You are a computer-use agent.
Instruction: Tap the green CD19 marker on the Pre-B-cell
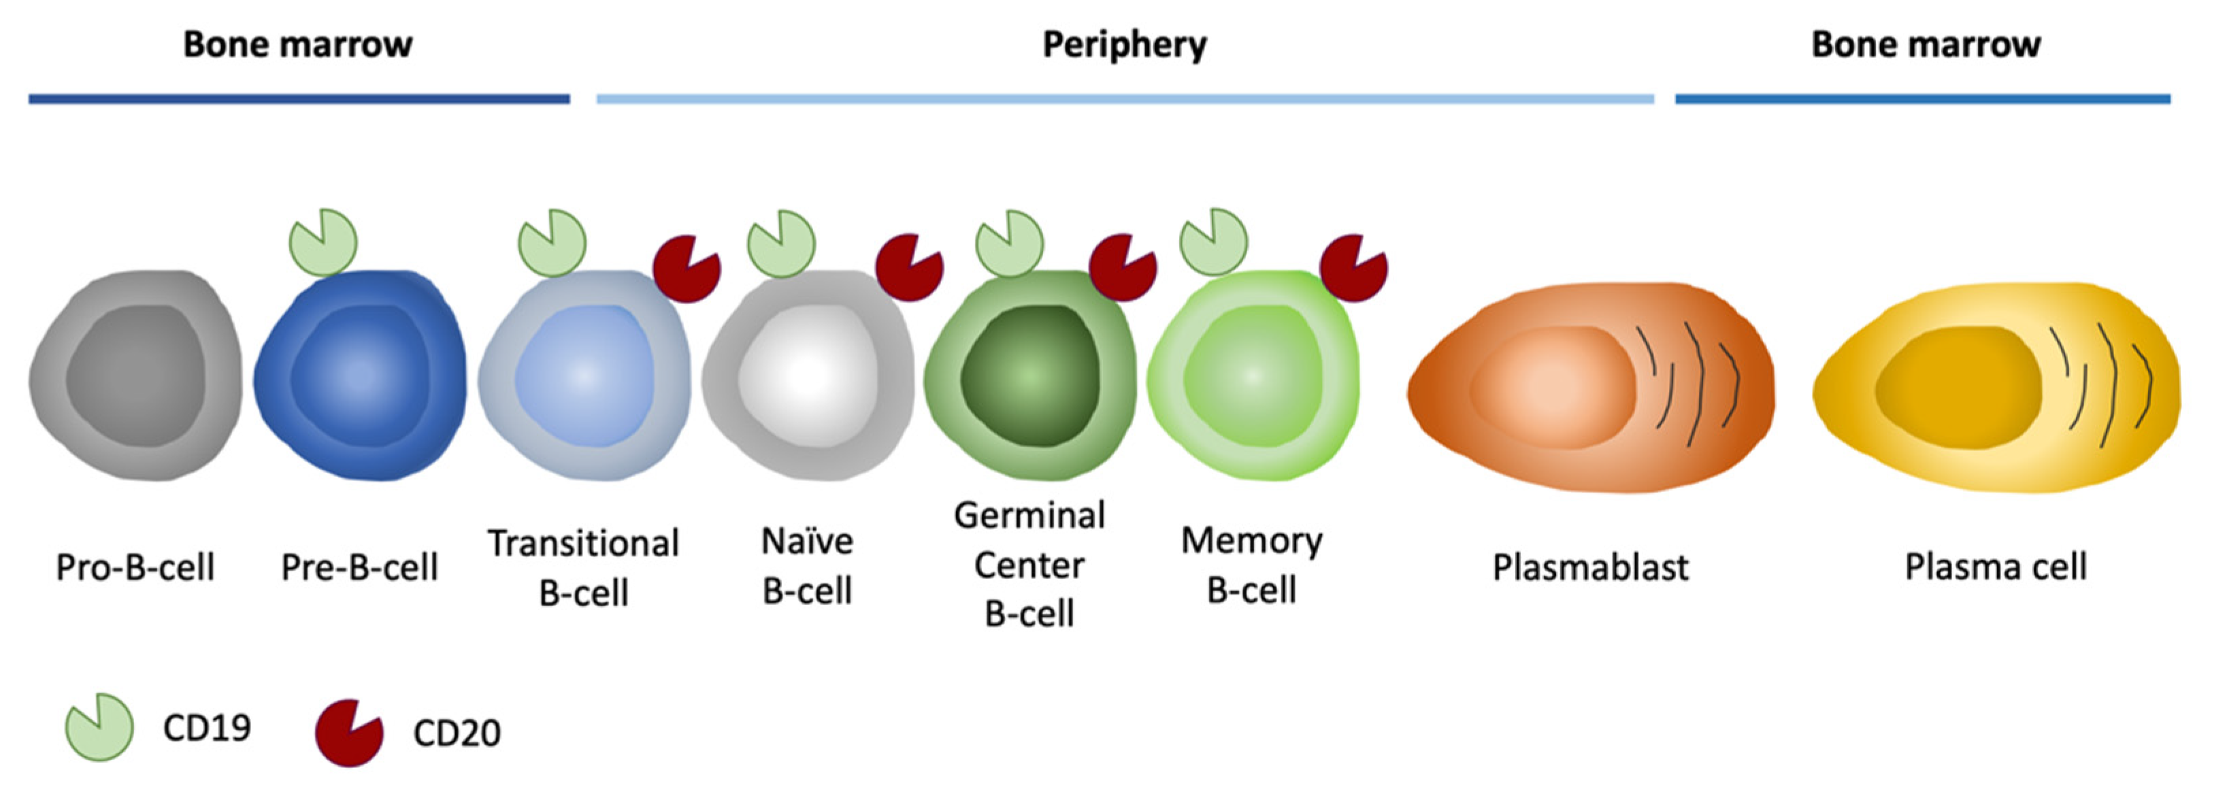pos(323,243)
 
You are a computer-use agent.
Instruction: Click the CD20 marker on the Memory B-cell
pos(1352,268)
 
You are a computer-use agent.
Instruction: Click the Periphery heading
pos(1124,44)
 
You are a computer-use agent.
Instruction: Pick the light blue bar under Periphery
pos(1124,99)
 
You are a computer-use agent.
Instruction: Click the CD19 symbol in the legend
pos(99,728)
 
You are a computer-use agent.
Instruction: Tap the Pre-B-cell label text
pos(360,567)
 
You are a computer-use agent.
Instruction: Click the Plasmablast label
pos(1590,567)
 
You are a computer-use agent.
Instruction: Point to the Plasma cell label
pos(1995,567)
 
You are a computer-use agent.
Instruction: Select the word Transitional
pos(584,544)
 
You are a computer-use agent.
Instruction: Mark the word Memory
pos(1251,542)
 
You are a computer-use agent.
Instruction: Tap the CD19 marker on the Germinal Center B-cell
pos(1009,244)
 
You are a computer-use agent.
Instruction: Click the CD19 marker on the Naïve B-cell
pos(780,244)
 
